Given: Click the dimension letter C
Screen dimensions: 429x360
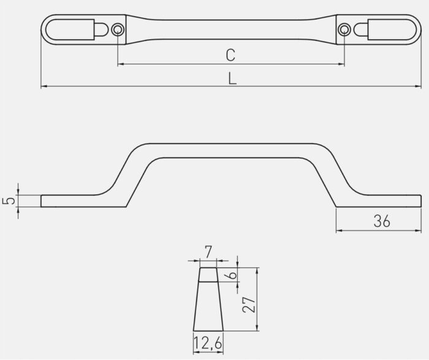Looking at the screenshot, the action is click(x=230, y=55).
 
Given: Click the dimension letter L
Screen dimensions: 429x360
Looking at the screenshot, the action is click(x=232, y=79).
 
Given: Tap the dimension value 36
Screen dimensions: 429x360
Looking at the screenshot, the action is click(x=382, y=221).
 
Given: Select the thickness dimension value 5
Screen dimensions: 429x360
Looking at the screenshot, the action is click(x=9, y=201).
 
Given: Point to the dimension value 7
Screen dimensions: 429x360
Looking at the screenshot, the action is click(x=208, y=252).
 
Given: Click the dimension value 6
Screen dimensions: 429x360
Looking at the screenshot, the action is click(x=232, y=275).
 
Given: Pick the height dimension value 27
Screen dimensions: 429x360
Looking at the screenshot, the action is click(x=249, y=304).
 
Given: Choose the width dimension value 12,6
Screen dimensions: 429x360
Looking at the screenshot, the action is click(x=208, y=343).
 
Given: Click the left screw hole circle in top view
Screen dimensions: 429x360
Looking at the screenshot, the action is click(x=118, y=29).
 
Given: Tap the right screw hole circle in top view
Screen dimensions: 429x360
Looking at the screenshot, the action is click(x=344, y=29).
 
